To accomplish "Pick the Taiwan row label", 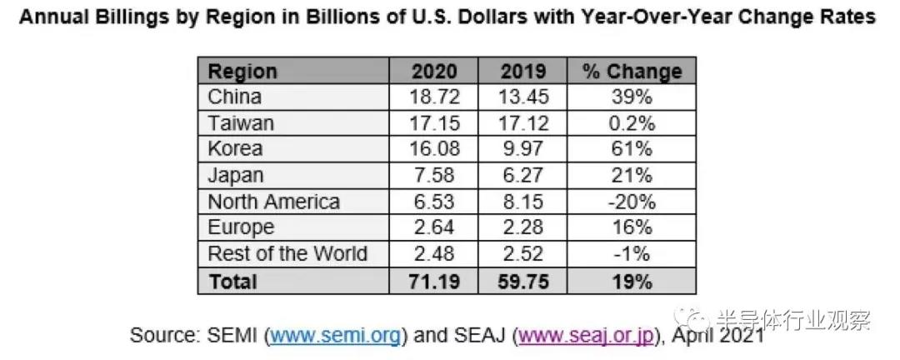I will coord(241,123).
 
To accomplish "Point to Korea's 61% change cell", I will coord(631,149).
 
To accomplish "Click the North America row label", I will coord(274,202).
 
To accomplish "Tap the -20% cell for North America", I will coord(631,202).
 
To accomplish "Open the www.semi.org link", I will coord(337,336).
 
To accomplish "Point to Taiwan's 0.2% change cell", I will coord(631,123).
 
